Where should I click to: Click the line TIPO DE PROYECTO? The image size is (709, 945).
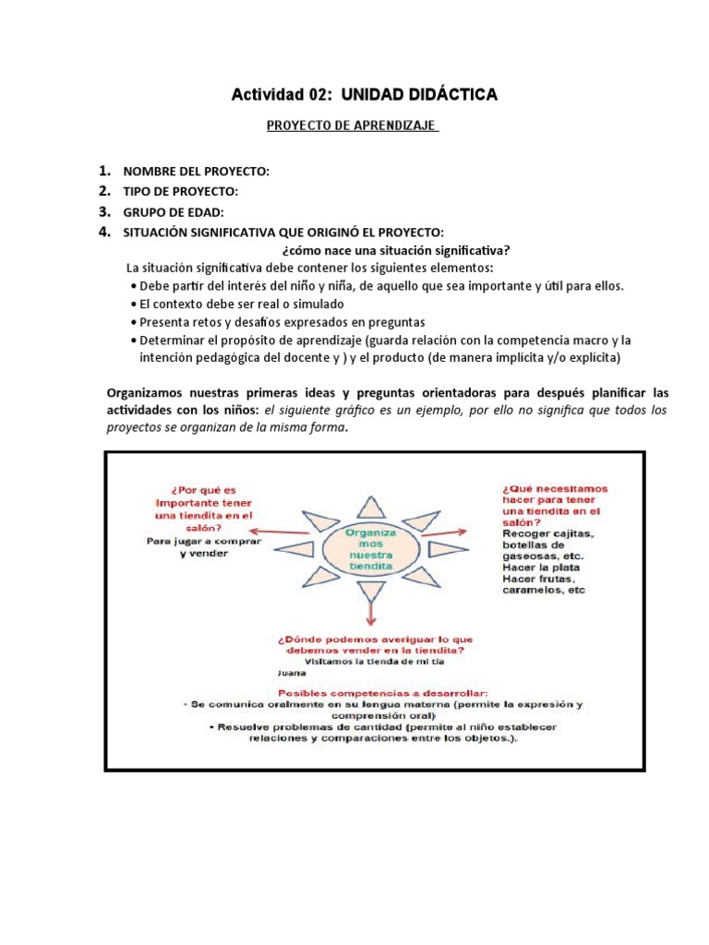point(180,192)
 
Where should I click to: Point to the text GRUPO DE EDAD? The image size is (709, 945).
point(174,212)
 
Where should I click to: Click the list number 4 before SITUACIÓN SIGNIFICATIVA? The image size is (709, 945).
point(105,232)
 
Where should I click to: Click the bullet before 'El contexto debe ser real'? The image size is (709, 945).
point(135,304)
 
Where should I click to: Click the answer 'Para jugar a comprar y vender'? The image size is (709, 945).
point(203,548)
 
